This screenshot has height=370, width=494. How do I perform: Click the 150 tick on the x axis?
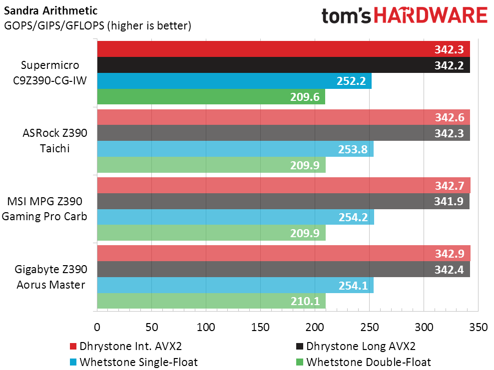coord(260,327)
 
